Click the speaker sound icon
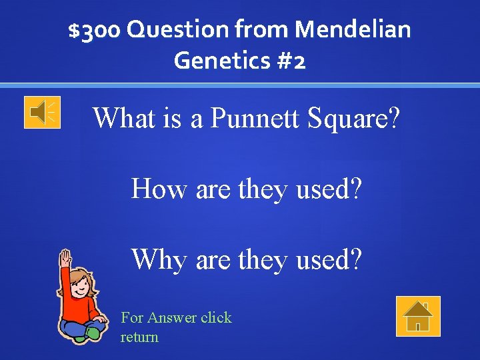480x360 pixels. tap(42, 112)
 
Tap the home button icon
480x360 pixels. tap(418, 316)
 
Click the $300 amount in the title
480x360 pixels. tap(95, 30)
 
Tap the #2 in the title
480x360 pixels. tap(290, 61)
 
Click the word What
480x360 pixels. tap(122, 118)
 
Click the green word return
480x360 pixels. tap(139, 337)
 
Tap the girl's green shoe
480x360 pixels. tap(94, 331)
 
